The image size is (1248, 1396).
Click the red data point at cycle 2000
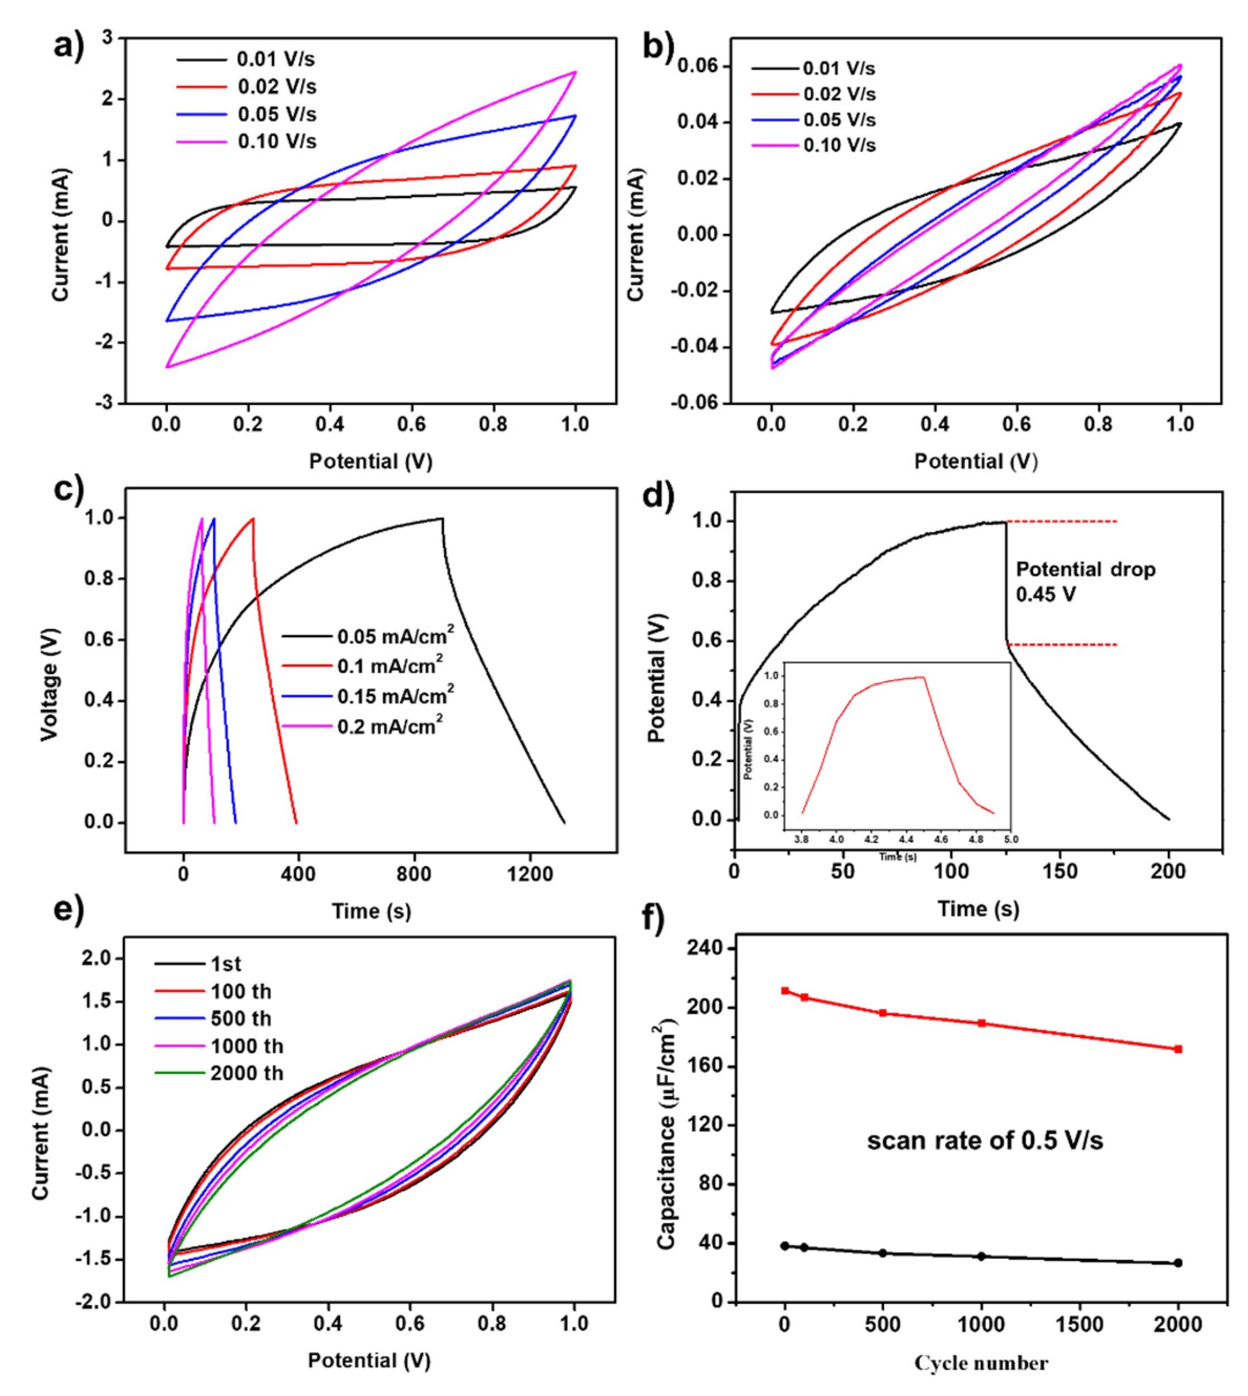pos(1178,1049)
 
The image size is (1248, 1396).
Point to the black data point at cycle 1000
pos(981,1256)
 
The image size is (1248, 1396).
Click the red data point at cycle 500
pos(883,1013)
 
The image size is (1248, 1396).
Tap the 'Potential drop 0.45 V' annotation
pos(1085,581)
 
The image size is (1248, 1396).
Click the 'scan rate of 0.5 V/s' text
pos(985,1140)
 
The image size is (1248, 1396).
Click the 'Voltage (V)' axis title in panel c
pos(49,684)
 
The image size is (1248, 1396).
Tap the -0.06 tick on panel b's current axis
pos(694,403)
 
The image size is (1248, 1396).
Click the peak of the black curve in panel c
pos(442,518)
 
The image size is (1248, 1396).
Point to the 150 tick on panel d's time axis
pos(1061,872)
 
